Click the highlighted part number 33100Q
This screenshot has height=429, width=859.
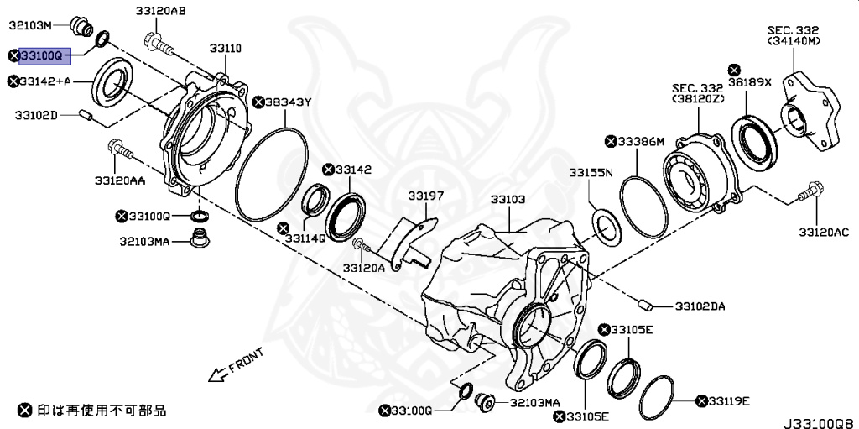pyautogui.click(x=45, y=55)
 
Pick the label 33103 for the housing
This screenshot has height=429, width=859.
pyautogui.click(x=508, y=199)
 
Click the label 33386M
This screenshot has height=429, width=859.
pyautogui.click(x=641, y=142)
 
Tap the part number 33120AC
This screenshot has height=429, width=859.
pyautogui.click(x=824, y=232)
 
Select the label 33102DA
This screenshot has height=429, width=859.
pyautogui.click(x=700, y=306)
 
